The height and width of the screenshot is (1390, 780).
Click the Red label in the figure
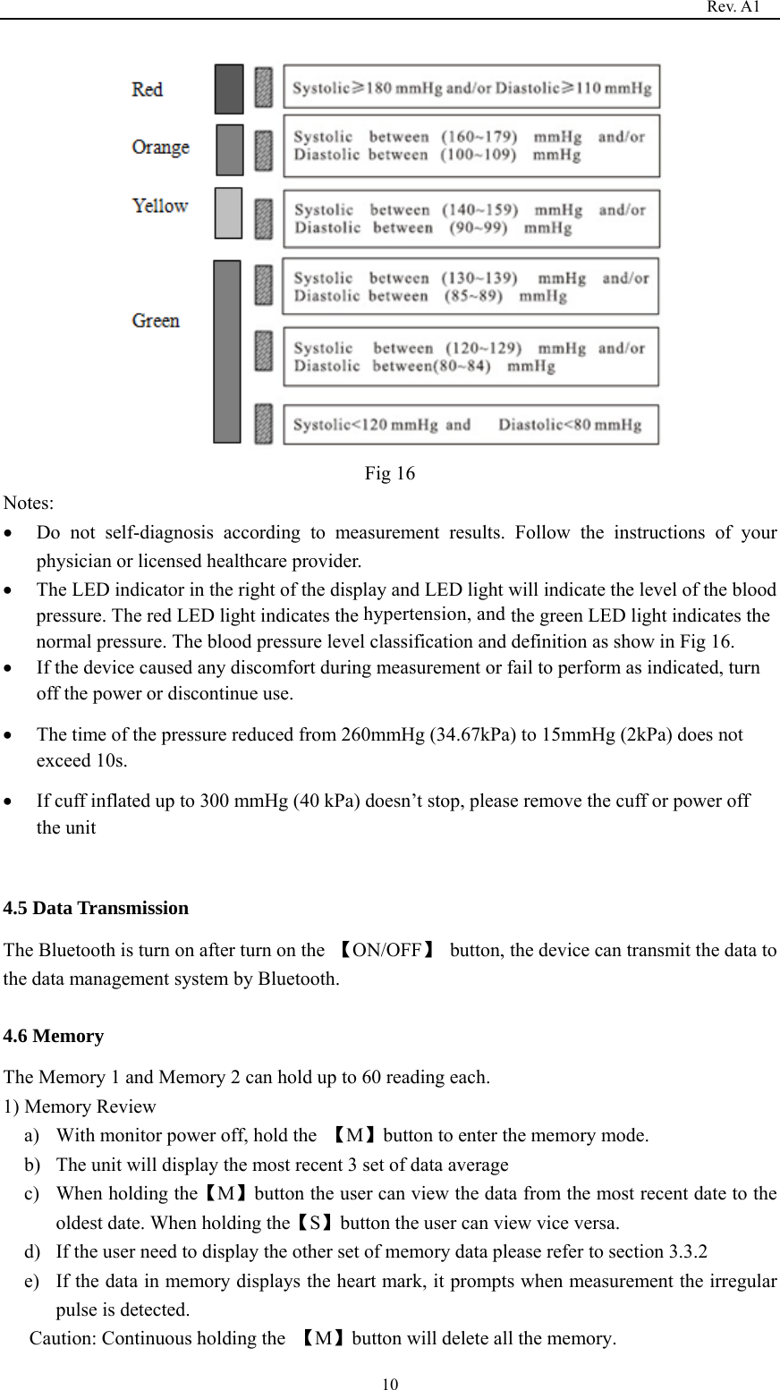(x=148, y=89)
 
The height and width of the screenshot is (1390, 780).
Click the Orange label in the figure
(x=161, y=148)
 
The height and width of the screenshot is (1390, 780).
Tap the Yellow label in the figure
(x=160, y=206)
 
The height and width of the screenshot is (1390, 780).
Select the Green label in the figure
(x=156, y=320)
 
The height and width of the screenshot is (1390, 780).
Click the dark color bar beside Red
(x=229, y=89)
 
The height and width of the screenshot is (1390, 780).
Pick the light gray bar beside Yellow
(x=229, y=213)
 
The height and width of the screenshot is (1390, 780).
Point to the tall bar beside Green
(x=227, y=352)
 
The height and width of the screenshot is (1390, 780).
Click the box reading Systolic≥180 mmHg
(x=471, y=88)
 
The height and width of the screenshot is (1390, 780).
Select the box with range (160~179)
(x=471, y=146)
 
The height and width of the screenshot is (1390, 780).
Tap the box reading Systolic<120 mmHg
(x=471, y=424)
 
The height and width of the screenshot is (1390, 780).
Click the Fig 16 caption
(x=389, y=473)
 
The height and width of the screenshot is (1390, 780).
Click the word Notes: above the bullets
(x=29, y=504)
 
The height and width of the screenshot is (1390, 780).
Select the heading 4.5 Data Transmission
(x=96, y=908)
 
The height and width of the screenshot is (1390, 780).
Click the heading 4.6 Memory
(x=54, y=1036)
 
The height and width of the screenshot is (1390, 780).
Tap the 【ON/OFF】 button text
(x=387, y=950)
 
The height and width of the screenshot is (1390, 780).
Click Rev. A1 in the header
(x=733, y=7)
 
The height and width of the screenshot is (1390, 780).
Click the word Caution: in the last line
(x=64, y=1338)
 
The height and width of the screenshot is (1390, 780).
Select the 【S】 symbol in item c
(x=315, y=1222)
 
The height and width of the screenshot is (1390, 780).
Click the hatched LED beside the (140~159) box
(x=263, y=218)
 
